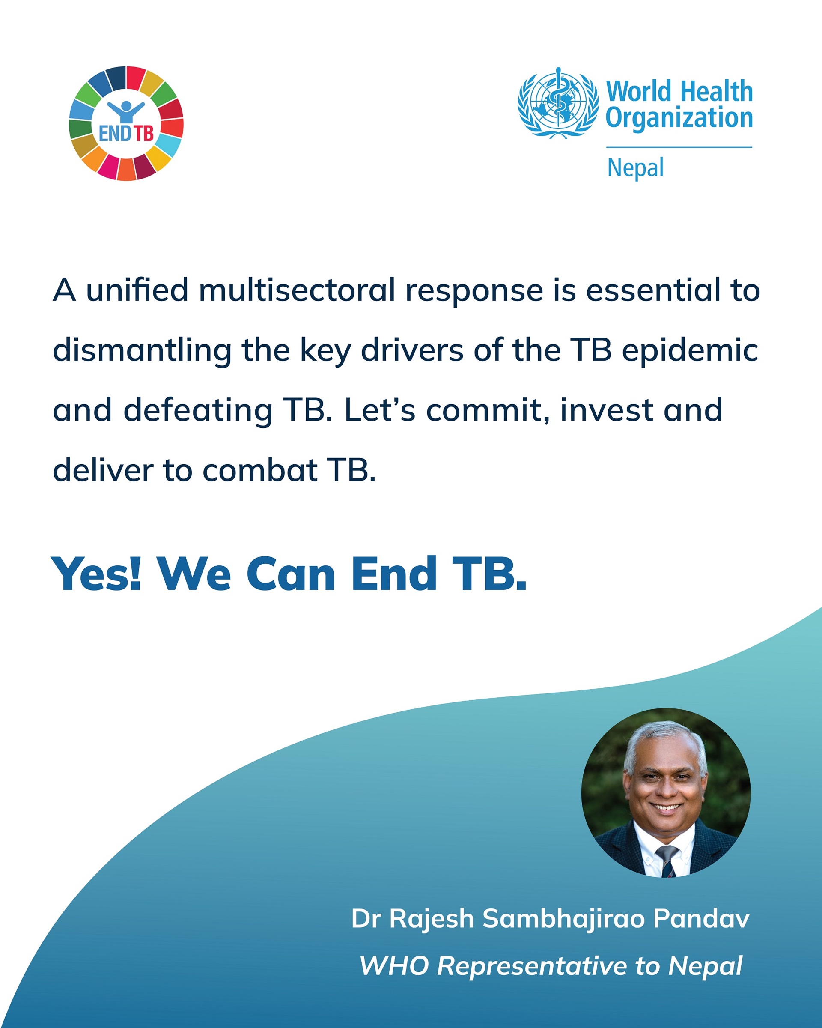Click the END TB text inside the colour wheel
coord(126,134)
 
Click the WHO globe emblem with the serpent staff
coord(558,102)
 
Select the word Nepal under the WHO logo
coord(635,168)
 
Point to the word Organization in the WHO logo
coord(679,118)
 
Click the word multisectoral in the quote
coord(297,290)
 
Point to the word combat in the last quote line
coord(260,471)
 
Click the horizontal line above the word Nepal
coord(679,147)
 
